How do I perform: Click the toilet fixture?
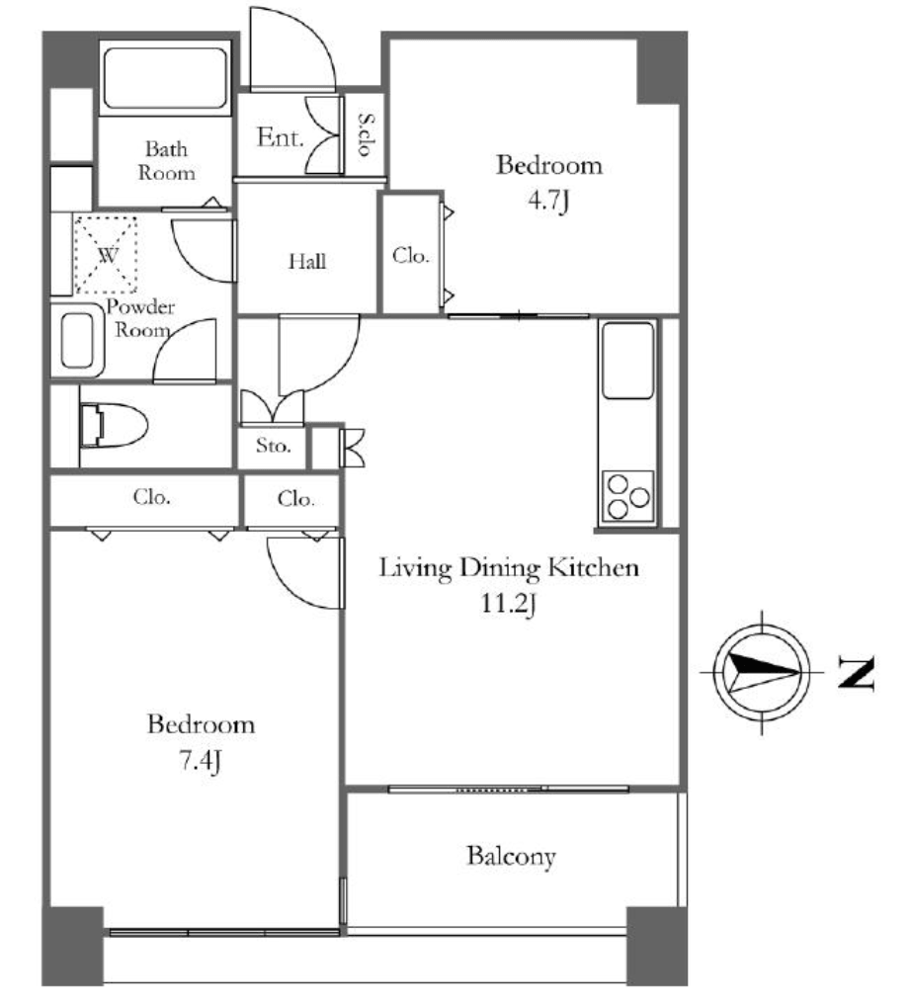115,425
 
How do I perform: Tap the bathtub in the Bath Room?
166,78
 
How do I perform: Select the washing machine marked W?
107,255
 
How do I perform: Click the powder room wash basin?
78,341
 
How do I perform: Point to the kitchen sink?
628,360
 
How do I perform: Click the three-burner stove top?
628,497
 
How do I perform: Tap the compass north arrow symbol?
762,672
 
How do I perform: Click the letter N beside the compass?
857,673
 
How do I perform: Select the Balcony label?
511,857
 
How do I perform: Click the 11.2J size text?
508,604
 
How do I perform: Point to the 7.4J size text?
201,761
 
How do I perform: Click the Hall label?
306,261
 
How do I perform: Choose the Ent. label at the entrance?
280,137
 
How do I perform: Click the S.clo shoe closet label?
366,134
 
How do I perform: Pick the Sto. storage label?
274,445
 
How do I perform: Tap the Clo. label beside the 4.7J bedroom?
411,256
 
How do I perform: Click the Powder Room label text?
141,318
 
